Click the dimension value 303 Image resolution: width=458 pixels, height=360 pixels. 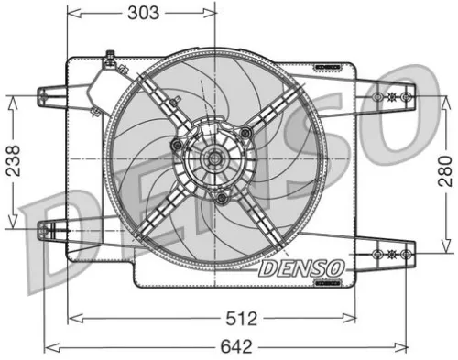(144, 12)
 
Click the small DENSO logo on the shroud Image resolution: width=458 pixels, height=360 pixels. (300, 268)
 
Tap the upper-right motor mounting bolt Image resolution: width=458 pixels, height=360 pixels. (245, 135)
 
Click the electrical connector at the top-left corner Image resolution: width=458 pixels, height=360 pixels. (109, 64)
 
